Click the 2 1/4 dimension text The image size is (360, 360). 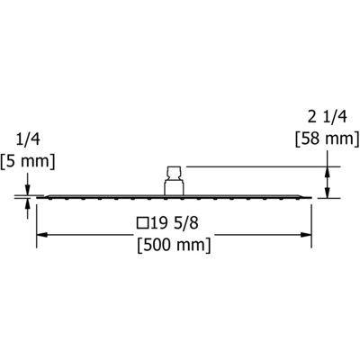point(328,117)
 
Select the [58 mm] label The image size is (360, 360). point(327,139)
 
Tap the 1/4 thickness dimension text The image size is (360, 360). point(28,139)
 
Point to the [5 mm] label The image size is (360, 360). point(28,162)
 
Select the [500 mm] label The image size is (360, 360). point(175,246)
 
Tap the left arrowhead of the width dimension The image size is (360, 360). point(42,235)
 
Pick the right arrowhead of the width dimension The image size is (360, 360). point(306,235)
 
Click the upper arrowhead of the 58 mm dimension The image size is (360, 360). point(328,172)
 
